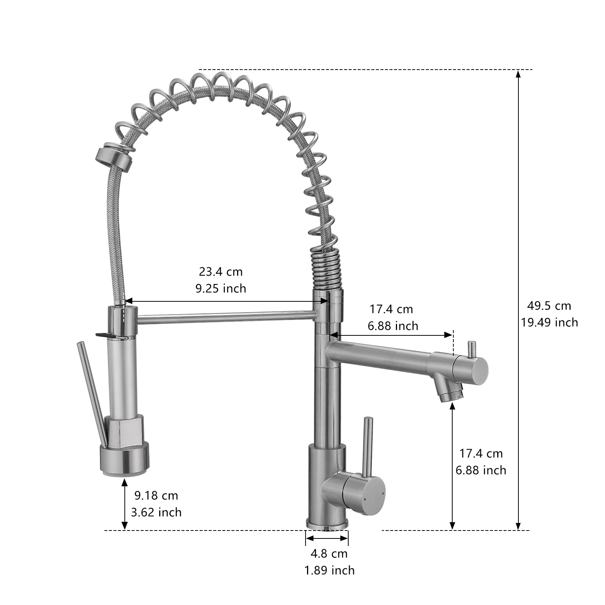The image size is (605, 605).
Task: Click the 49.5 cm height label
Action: tap(549, 306)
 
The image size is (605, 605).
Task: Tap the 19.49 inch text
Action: tap(549, 322)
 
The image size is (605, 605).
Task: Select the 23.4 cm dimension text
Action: tap(221, 271)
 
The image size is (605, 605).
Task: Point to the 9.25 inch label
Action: tap(221, 289)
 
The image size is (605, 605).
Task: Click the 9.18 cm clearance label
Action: tap(156, 495)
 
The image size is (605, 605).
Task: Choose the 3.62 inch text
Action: tap(156, 512)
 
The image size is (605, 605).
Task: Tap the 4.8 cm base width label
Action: tap(329, 554)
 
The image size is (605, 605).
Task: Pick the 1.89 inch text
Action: tap(330, 570)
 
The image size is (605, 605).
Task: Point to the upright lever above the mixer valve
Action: tap(368, 444)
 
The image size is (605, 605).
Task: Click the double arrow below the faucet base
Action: tap(327, 538)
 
